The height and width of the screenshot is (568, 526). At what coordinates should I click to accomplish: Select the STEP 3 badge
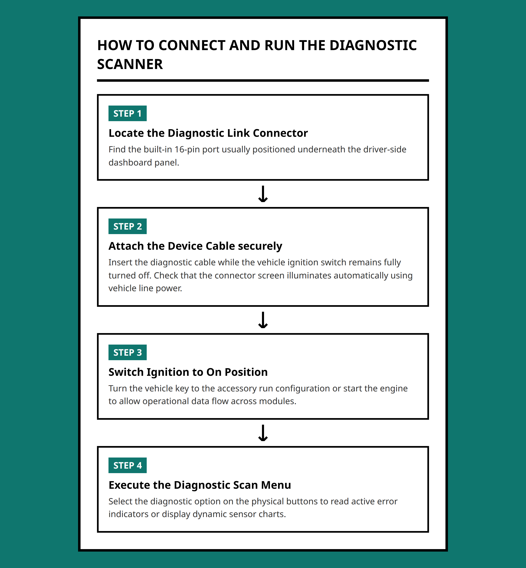click(128, 352)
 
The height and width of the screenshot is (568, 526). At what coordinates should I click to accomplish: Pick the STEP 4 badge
click(128, 465)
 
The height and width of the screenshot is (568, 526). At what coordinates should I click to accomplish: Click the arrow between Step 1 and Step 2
click(263, 194)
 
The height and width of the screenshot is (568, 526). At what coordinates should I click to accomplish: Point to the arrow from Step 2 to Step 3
click(263, 320)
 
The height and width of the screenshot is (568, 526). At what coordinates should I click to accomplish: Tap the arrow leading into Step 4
click(263, 433)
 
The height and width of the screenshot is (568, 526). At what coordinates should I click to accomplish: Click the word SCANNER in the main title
click(130, 64)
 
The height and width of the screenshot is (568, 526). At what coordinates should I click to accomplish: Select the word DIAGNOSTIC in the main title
click(373, 46)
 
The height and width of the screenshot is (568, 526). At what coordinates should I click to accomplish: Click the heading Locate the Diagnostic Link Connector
click(208, 133)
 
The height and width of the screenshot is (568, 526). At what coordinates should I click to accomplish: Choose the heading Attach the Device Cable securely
click(195, 246)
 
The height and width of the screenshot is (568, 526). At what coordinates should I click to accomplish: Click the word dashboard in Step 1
click(130, 162)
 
